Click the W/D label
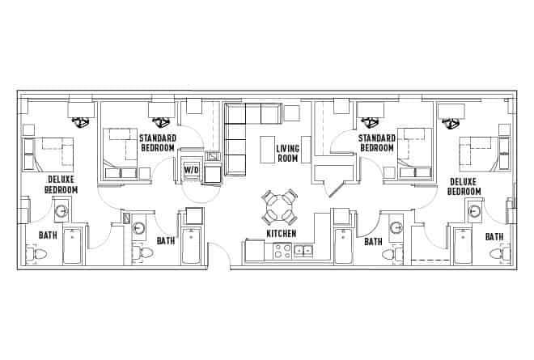[191, 170]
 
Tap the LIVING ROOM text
[288, 154]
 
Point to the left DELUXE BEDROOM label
[62, 184]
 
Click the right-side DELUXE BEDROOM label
[464, 187]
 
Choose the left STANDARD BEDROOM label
[158, 143]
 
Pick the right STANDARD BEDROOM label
[377, 143]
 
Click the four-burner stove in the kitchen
[282, 252]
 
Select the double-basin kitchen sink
[303, 252]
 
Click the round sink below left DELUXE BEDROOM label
[62, 212]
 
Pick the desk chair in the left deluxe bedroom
[81, 123]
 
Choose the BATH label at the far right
[494, 236]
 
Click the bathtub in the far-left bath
[72, 247]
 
